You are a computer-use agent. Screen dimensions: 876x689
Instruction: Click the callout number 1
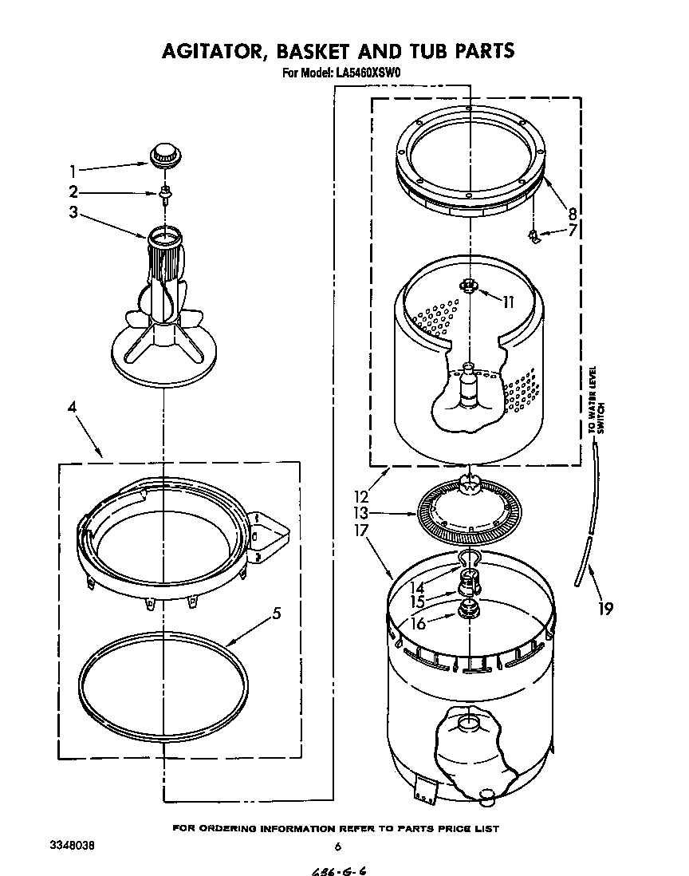click(73, 171)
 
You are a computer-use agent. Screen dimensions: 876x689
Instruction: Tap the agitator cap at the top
click(163, 153)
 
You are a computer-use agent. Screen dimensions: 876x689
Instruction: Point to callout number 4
click(73, 408)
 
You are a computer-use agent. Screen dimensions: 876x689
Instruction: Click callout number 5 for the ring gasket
click(275, 614)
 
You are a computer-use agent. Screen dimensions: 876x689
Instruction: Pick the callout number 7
click(571, 231)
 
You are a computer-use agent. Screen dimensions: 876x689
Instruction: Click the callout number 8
click(572, 213)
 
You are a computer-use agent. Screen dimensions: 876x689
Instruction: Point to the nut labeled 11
click(469, 286)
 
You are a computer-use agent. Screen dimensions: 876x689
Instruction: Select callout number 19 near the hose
click(605, 610)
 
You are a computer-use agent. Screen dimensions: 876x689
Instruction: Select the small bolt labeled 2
click(164, 193)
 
